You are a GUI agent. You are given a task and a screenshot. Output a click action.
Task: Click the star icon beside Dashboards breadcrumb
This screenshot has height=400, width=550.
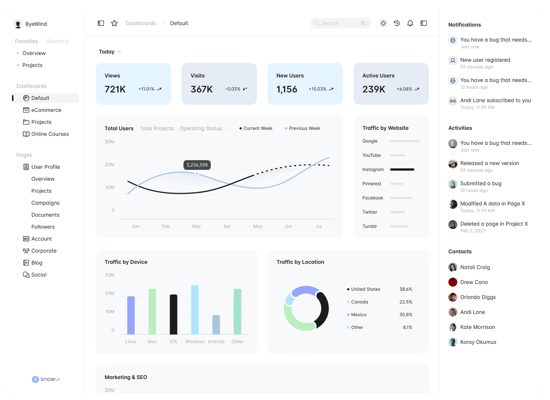(114, 23)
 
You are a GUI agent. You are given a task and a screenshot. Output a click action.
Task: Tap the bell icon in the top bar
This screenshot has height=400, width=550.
(410, 23)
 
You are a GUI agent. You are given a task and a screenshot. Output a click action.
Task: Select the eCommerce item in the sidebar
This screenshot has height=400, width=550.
(46, 110)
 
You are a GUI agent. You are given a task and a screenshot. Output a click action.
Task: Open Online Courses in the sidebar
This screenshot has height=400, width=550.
(50, 134)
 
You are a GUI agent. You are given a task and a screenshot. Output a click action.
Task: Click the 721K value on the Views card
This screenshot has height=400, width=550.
(115, 89)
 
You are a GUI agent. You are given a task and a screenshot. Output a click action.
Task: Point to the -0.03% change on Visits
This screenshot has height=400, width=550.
(233, 89)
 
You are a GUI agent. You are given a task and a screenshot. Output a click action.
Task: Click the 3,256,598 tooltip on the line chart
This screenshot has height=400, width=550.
(197, 165)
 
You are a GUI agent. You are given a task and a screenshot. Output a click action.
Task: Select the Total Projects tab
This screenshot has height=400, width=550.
(157, 128)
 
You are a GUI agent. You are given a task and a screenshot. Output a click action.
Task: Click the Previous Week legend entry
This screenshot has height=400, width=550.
(304, 128)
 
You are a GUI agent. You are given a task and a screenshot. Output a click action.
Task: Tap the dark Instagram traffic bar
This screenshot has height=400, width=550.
(402, 170)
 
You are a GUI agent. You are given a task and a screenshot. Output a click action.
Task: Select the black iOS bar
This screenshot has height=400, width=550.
(173, 314)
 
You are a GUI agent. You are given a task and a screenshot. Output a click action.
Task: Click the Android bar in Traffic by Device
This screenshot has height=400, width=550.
(216, 324)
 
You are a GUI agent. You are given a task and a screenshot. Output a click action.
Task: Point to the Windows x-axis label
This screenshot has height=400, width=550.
(195, 342)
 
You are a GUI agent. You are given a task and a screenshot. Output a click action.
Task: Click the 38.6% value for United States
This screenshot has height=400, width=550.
(406, 289)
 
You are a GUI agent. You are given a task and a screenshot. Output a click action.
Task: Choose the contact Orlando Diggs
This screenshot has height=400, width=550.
(478, 297)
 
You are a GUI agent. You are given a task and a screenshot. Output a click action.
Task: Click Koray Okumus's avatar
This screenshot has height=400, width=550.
(453, 342)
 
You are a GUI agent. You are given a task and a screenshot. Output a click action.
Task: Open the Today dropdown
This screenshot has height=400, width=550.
(109, 52)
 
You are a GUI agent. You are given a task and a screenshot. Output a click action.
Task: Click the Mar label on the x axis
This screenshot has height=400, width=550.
(197, 226)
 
